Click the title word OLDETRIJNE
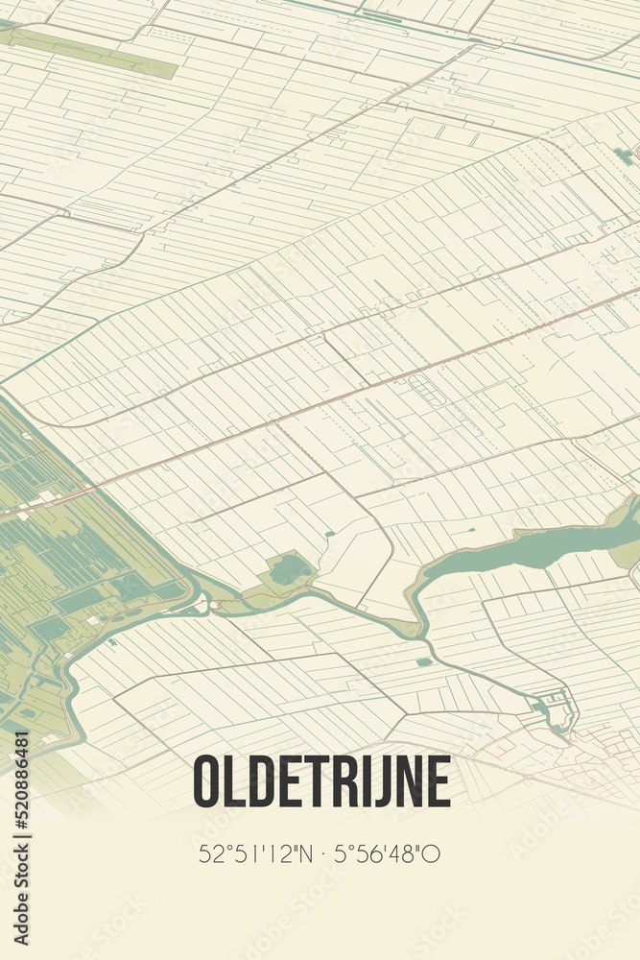(x=321, y=781)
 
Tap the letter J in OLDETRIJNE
(x=381, y=781)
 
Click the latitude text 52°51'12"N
(x=252, y=853)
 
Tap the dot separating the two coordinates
(x=320, y=853)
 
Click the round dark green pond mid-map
(x=290, y=570)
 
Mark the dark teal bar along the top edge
(x=381, y=17)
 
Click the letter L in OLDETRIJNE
(x=236, y=781)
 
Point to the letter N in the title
(x=407, y=781)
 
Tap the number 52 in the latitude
(x=208, y=853)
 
